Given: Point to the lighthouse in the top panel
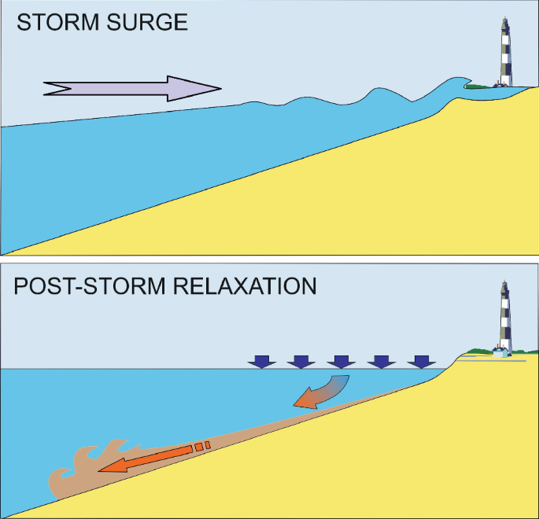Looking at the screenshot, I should [x=503, y=51].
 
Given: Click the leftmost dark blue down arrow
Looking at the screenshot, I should [x=261, y=361].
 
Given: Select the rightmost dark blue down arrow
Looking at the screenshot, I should [x=423, y=361].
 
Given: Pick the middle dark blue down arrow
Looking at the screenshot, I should [x=341, y=361].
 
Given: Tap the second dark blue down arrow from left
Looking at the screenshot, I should [x=301, y=361].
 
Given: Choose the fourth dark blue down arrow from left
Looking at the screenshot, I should [x=382, y=361].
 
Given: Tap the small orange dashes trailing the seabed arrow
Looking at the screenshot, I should [x=202, y=446].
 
